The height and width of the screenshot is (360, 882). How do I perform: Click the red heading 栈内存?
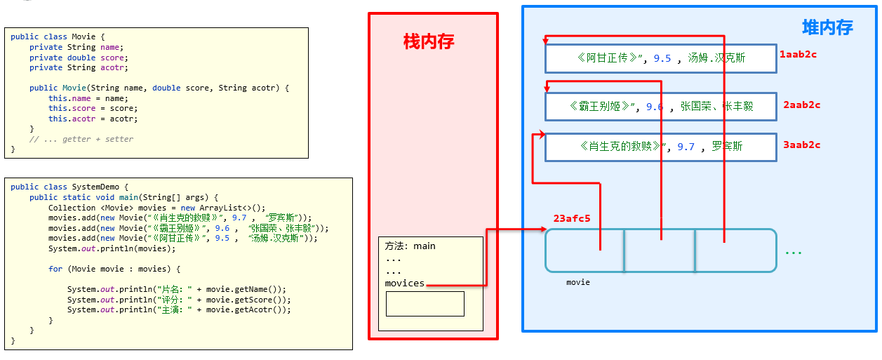428,42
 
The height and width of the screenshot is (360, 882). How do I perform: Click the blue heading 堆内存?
827,28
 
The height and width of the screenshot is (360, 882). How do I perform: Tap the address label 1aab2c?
798,53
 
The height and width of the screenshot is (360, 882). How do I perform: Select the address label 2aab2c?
801,105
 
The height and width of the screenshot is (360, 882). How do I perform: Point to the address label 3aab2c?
801,145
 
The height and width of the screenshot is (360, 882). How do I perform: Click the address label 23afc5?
571,218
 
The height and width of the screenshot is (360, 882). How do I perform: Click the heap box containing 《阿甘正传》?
660,58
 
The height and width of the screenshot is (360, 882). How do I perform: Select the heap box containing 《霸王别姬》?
660,107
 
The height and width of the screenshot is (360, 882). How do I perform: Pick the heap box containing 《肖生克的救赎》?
660,147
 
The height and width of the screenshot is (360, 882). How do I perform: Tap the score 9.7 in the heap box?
686,147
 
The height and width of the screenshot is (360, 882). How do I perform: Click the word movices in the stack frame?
405,284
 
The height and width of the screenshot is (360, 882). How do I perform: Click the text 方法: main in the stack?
410,246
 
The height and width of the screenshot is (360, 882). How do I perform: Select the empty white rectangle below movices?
425,304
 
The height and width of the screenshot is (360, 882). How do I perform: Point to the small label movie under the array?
578,282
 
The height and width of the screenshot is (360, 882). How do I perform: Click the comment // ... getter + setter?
81,139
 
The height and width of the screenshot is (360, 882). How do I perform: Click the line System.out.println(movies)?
112,248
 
